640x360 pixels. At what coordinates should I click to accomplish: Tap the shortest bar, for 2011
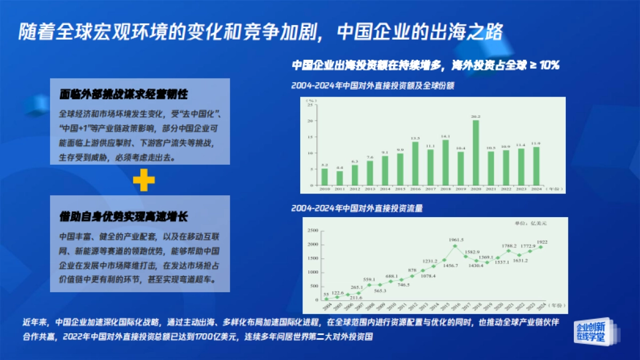pos(340,178)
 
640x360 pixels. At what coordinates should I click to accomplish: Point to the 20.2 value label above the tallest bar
pos(476,116)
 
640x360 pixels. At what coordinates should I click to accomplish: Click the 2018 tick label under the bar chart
pos(445,188)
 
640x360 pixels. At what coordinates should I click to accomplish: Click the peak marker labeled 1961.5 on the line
pos(455,246)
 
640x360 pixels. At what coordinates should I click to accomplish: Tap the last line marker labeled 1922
pos(541,246)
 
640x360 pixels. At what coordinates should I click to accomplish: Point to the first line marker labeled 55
pos(326,299)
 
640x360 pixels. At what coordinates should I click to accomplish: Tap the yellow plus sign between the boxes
pos(144,180)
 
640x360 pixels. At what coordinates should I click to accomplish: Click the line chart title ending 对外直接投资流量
pos(357,209)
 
